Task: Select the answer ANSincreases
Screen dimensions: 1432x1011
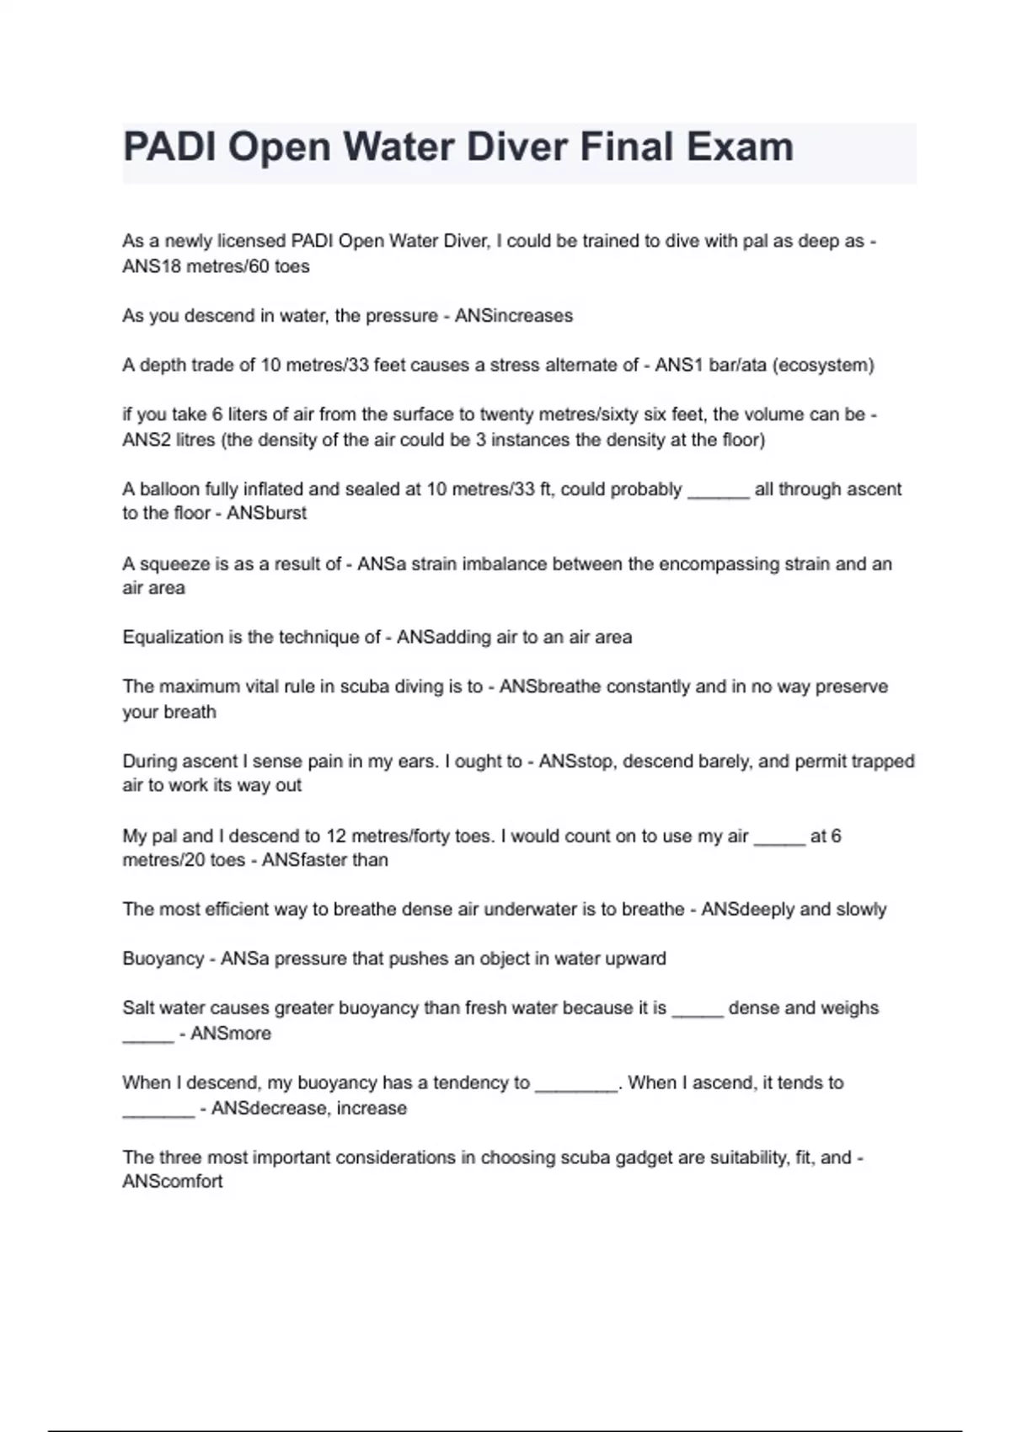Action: coord(514,316)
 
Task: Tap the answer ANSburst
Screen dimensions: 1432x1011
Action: coord(266,513)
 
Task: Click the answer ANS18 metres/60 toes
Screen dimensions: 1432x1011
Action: coord(216,266)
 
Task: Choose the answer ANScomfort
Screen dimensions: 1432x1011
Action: coord(173,1182)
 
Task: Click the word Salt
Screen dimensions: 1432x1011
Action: coord(138,1008)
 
